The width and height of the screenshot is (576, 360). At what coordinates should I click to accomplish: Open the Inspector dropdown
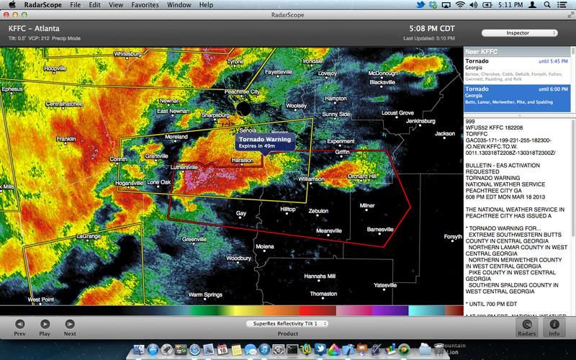[x=520, y=33]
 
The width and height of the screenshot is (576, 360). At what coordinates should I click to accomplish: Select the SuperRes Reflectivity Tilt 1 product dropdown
[x=287, y=324]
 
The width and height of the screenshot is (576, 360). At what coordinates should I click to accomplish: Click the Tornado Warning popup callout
[x=264, y=142]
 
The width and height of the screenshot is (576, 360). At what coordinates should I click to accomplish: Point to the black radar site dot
[x=243, y=109]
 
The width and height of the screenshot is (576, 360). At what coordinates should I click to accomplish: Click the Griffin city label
[x=343, y=152]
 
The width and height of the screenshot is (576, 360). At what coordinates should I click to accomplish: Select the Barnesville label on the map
[x=380, y=229]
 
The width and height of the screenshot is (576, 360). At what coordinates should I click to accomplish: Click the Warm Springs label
[x=205, y=294]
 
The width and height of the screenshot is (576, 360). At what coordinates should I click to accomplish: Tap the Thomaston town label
[x=323, y=294]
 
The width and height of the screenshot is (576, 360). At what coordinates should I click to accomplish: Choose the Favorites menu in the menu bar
[x=145, y=4]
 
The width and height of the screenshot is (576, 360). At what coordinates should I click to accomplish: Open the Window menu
[x=179, y=4]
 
